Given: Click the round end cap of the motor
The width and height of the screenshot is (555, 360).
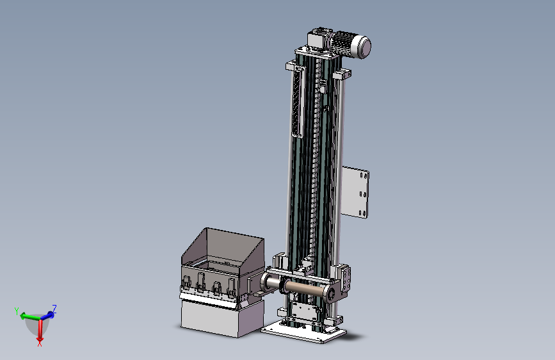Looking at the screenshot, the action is pos(364,46).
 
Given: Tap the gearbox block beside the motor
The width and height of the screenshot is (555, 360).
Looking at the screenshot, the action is pos(319,38).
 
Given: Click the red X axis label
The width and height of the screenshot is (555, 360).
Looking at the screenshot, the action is pos(40,342).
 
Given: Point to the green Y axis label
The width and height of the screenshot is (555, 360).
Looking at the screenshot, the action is pos(17,311).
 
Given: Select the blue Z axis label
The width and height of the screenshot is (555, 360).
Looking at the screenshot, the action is pos(54,308).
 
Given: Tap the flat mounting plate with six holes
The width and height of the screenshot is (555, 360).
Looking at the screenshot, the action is pos(355,192).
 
